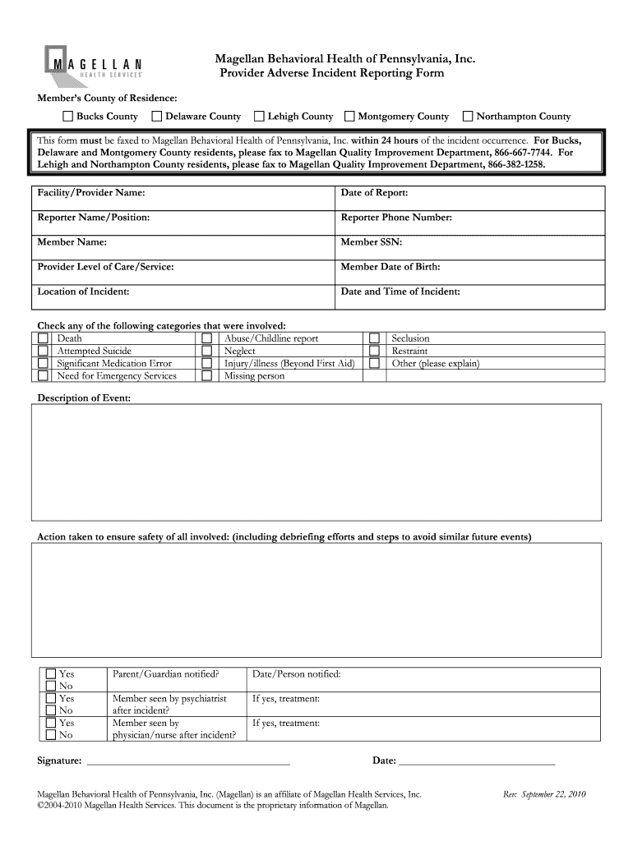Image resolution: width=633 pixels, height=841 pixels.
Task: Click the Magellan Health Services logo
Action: pos(92,63)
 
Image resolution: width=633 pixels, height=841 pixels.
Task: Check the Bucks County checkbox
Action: pos(69,117)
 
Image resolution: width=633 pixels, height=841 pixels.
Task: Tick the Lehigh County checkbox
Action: pos(260,117)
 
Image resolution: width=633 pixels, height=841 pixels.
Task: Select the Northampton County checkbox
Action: pos(469,117)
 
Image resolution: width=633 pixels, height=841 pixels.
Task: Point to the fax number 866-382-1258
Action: pos(515,164)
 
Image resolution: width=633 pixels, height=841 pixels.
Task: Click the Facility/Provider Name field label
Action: pos(91,193)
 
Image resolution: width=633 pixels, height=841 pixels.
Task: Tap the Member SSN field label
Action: pos(372,242)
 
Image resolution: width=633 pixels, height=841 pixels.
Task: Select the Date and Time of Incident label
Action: pos(400,292)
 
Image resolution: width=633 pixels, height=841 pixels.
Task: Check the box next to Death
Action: pos(43,338)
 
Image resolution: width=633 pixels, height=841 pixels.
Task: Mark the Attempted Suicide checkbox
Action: pos(43,351)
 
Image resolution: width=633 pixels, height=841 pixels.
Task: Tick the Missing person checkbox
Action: pos(207,376)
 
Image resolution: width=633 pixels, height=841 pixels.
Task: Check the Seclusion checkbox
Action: pos(375,338)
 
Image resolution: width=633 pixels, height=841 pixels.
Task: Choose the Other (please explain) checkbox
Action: pos(375,363)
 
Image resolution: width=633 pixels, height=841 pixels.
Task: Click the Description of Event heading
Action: pos(84,398)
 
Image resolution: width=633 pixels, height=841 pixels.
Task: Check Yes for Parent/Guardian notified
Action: pos(51,674)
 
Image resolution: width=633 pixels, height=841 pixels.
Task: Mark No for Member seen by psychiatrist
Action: pos(51,710)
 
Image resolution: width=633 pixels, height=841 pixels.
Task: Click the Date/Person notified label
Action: pos(296,674)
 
